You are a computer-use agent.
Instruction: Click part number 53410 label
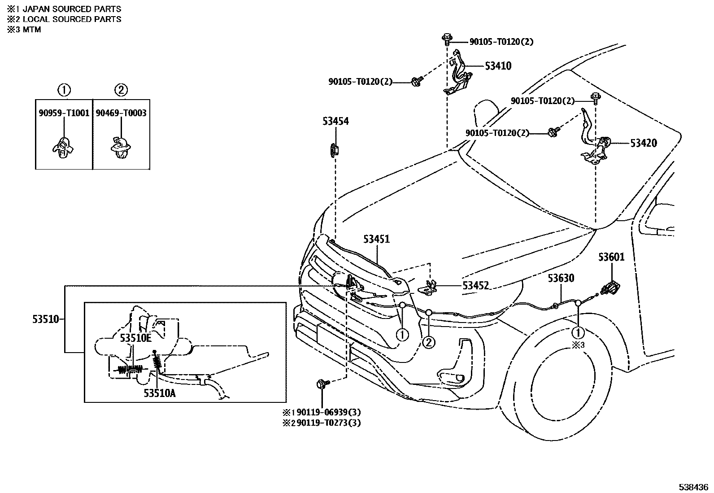(x=498, y=66)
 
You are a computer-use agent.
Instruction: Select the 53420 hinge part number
(x=643, y=143)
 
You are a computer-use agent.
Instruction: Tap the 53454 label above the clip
(x=335, y=121)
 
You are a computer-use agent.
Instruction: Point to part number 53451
(x=376, y=239)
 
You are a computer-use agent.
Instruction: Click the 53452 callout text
(x=476, y=285)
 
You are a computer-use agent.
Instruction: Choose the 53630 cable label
(x=561, y=279)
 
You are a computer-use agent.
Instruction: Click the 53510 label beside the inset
(x=45, y=319)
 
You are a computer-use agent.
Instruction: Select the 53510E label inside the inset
(x=135, y=338)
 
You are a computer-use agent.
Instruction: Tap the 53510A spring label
(x=159, y=393)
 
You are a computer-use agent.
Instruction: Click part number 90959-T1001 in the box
(x=64, y=113)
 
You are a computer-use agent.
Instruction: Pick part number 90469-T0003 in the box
(x=121, y=113)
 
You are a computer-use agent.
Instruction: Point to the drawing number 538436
(x=692, y=487)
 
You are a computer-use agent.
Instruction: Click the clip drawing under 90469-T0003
(x=120, y=147)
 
